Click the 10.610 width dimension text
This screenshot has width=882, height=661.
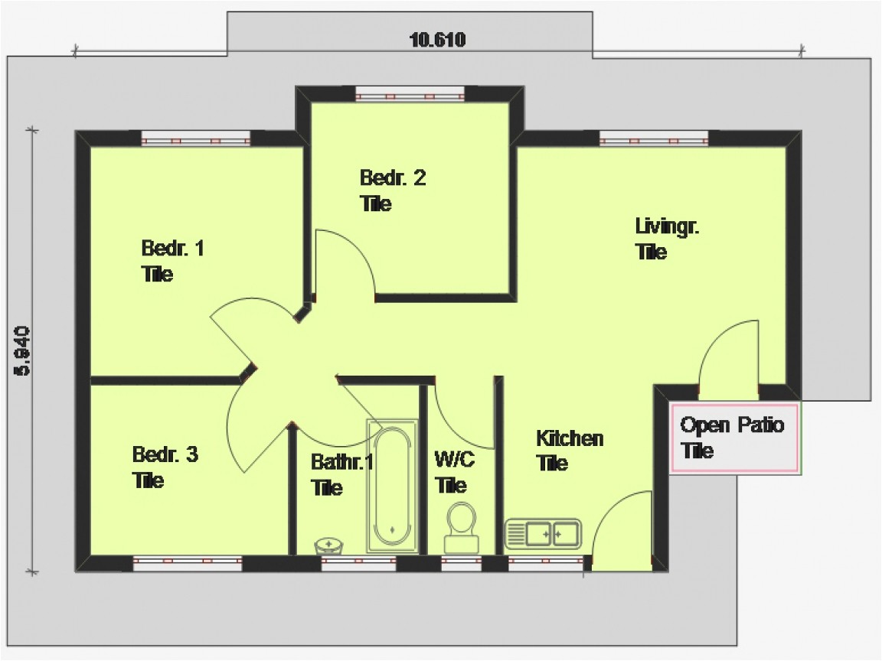click(438, 40)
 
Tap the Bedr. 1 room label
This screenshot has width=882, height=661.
click(172, 249)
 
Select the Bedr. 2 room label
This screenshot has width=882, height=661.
click(392, 178)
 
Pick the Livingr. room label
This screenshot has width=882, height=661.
click(668, 226)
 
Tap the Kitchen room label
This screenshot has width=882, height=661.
click(569, 438)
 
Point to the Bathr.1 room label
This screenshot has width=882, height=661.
click(341, 462)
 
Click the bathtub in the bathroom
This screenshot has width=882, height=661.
click(393, 486)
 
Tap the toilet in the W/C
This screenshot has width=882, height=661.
click(460, 526)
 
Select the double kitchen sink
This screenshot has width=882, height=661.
click(544, 533)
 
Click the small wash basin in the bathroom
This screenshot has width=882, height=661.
click(329, 545)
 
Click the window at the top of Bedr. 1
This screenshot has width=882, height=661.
click(195, 139)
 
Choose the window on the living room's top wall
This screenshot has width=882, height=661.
click(653, 139)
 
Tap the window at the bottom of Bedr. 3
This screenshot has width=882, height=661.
click(187, 565)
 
